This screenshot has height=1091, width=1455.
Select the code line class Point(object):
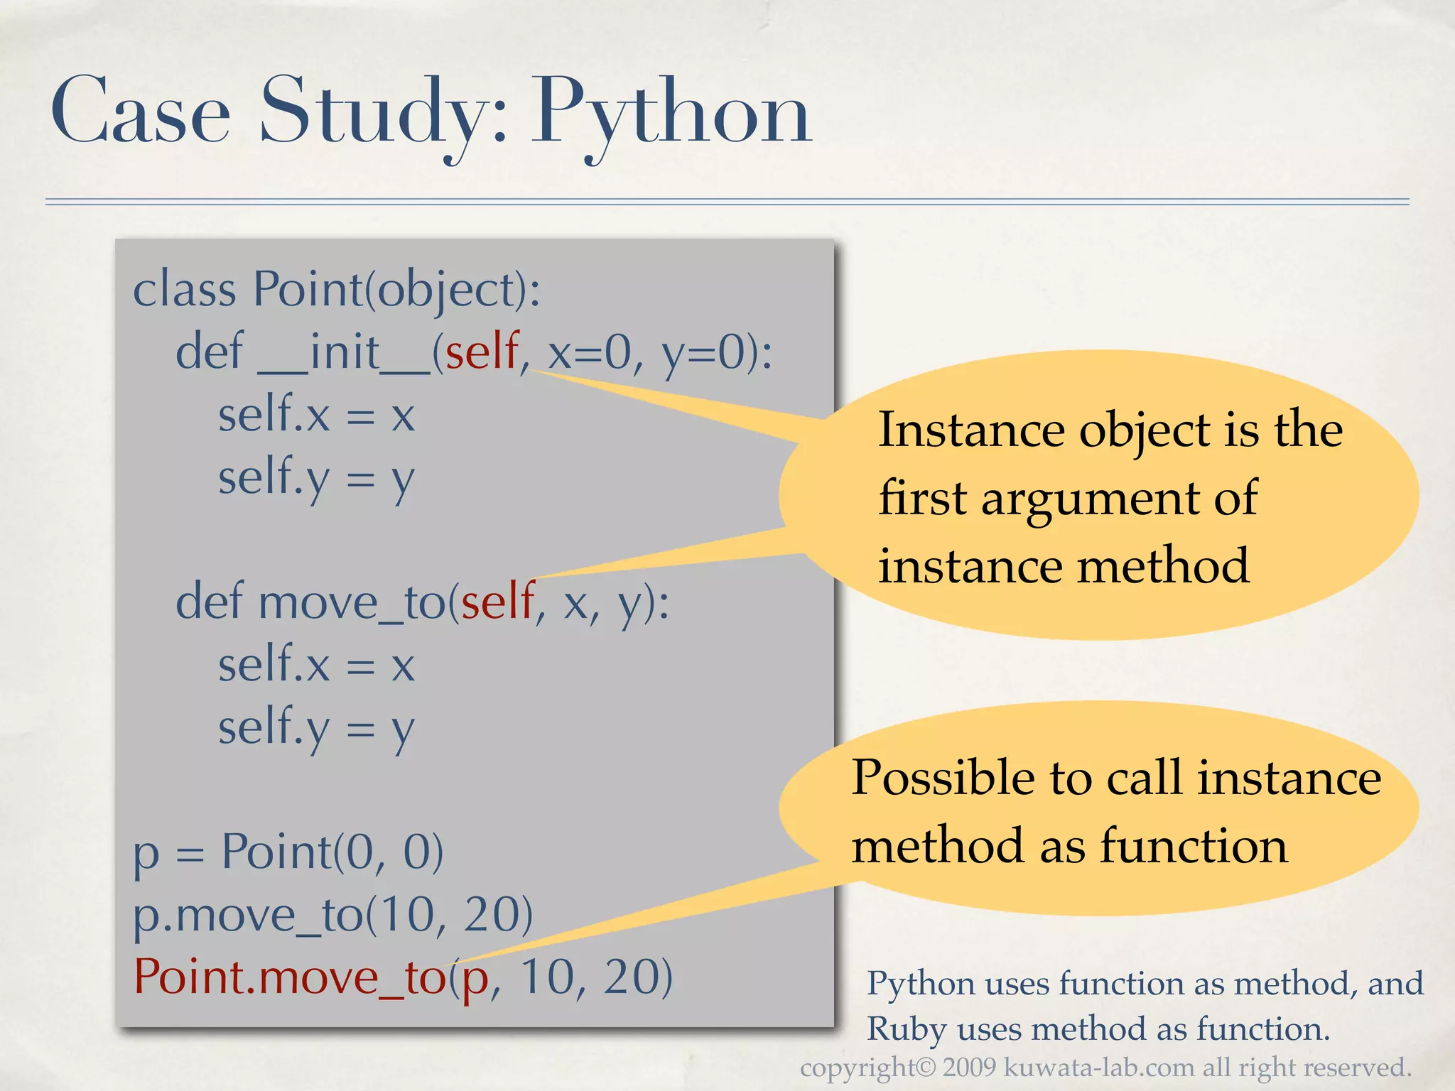coord(337,291)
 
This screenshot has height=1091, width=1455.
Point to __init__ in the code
coord(344,353)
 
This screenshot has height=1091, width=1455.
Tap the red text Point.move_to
coord(289,977)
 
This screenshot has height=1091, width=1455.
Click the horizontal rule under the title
coord(727,202)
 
